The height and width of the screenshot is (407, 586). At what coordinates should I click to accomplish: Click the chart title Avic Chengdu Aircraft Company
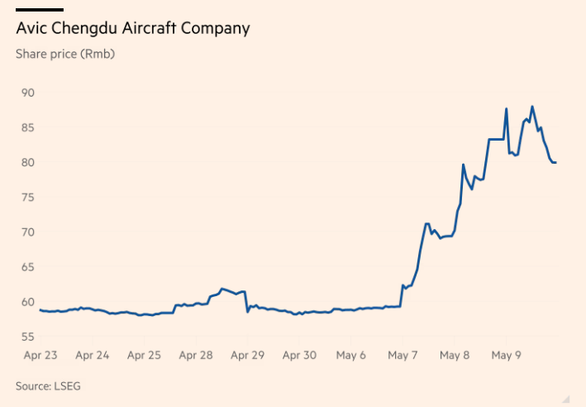(x=132, y=29)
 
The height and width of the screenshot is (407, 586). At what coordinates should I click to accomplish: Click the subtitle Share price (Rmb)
(x=65, y=54)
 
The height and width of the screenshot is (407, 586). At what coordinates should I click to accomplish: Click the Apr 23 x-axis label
(x=40, y=356)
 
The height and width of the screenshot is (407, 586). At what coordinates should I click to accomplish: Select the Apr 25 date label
(x=144, y=356)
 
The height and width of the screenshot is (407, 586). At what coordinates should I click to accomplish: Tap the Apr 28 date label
(x=196, y=356)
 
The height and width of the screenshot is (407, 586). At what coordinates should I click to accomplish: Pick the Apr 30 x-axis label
(x=299, y=356)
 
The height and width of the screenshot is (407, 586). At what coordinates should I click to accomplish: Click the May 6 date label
(x=351, y=356)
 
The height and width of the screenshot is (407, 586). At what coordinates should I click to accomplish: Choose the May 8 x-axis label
(x=455, y=356)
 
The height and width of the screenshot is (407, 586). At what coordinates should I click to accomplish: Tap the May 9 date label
(x=506, y=356)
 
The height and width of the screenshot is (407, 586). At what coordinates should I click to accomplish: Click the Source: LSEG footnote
(x=48, y=385)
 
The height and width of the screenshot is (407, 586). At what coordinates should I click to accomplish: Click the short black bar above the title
(x=40, y=10)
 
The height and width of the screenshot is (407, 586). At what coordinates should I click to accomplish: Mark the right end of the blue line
(x=555, y=162)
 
